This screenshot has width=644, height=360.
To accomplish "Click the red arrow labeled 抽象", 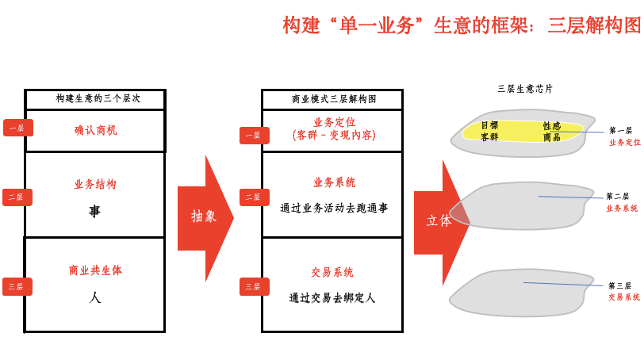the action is [x=205, y=218].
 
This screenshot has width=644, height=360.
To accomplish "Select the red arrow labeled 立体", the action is [x=439, y=222].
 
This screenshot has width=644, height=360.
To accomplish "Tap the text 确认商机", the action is [x=96, y=130].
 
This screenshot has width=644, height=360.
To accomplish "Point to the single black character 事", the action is [x=95, y=211].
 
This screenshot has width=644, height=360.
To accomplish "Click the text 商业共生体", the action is [x=95, y=270].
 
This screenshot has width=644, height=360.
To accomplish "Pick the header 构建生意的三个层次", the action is [x=98, y=98].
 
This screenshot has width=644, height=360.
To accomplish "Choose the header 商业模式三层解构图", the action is [x=334, y=99].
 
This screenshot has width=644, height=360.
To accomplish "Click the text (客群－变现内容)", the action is [x=334, y=135].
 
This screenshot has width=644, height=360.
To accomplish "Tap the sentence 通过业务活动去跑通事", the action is [x=334, y=208].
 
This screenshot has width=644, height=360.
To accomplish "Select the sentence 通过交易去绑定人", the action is [x=332, y=297].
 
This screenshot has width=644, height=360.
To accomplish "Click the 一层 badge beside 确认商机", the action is [x=18, y=128].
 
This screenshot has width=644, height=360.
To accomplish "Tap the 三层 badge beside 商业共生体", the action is [x=17, y=286].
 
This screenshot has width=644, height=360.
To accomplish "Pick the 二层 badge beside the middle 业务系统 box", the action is [x=255, y=197].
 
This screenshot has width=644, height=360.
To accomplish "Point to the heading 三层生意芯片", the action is [x=525, y=89].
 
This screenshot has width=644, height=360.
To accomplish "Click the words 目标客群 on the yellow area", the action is [x=489, y=131].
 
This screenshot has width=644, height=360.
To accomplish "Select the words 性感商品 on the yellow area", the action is [x=551, y=132].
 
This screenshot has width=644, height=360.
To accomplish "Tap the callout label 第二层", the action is [x=617, y=196].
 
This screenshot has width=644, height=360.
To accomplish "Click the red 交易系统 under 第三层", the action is [x=624, y=297].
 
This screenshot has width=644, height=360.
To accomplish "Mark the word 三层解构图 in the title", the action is [x=594, y=25].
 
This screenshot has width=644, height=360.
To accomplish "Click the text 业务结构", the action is [x=95, y=184].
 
